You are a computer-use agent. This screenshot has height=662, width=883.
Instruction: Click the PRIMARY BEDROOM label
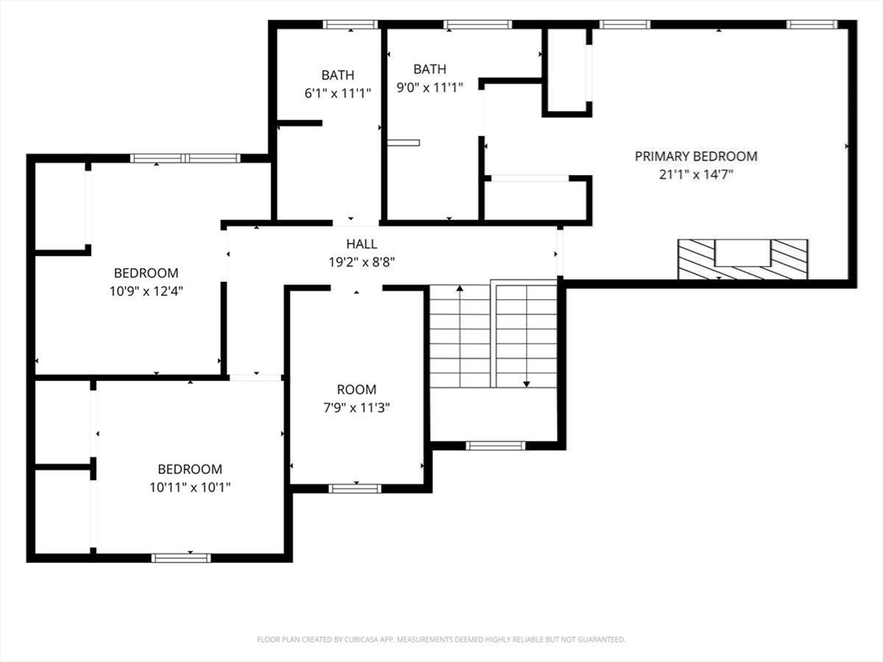point(696,156)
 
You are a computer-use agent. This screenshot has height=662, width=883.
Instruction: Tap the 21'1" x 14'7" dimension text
point(696,174)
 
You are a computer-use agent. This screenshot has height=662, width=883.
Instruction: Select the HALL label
point(361,244)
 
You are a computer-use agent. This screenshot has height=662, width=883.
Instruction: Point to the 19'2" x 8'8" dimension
point(361,262)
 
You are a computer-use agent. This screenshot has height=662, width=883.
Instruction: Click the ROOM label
point(356,390)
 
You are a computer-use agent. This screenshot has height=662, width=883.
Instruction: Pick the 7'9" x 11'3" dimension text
point(356,408)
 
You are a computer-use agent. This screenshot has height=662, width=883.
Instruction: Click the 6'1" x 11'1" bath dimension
point(338,93)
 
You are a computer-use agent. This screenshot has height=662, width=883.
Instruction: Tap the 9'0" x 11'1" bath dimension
point(429,87)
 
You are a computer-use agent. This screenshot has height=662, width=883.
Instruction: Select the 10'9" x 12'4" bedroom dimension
point(147,291)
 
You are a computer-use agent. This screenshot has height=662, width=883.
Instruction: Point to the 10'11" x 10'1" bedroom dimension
point(190,487)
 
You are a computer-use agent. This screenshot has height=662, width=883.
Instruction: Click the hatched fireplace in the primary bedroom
point(742,259)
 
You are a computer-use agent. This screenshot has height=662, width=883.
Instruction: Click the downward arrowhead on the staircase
point(527,384)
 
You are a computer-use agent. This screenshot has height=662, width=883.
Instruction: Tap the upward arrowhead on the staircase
point(460,288)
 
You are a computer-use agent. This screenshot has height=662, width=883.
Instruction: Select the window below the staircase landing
point(496,446)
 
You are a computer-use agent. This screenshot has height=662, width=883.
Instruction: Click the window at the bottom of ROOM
point(354,488)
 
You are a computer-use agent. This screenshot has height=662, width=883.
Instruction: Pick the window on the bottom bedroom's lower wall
point(181,558)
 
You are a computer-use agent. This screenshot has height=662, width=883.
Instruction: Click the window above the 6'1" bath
point(350,24)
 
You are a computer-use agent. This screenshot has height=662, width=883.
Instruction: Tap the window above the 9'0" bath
point(478,24)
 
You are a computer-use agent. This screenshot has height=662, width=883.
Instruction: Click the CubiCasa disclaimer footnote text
point(441,640)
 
